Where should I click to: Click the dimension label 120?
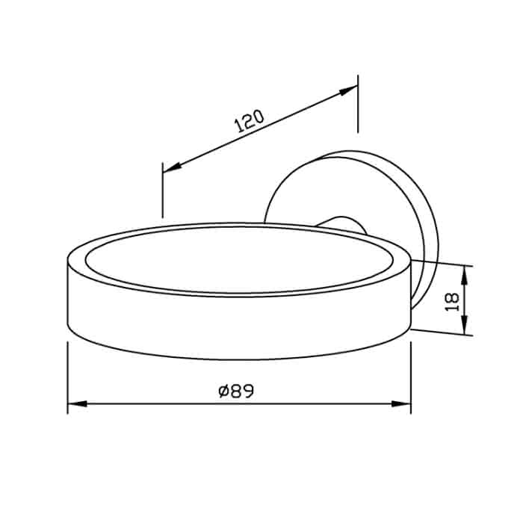tap(250, 121)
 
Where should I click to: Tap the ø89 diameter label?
tap(237, 391)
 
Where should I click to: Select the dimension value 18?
tap(453, 302)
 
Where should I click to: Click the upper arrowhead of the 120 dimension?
tap(348, 90)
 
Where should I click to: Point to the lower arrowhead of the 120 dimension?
tap(172, 168)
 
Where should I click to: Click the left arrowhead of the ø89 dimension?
tap(78, 403)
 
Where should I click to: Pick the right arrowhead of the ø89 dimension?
tap(401, 403)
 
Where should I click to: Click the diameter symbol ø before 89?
tap(223, 392)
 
